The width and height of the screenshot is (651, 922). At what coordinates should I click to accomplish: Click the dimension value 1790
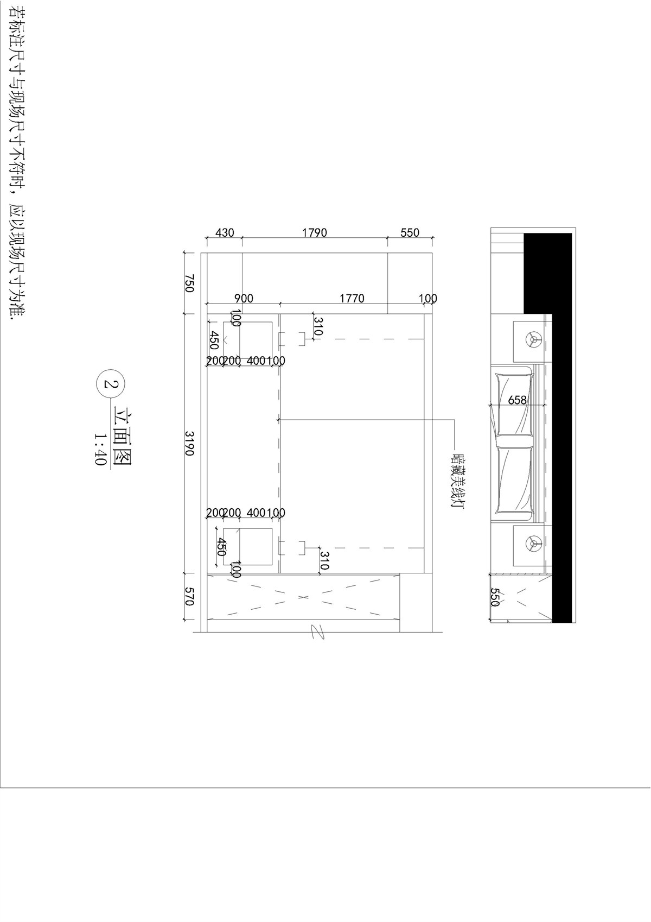(x=315, y=232)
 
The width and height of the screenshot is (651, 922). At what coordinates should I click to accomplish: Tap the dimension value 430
(x=225, y=232)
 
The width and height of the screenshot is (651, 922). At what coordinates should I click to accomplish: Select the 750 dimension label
(x=189, y=283)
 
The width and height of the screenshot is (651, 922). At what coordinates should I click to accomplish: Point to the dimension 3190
(x=189, y=443)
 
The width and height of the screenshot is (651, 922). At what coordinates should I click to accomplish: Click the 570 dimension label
(x=189, y=596)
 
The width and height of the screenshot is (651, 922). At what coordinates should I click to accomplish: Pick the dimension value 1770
(x=352, y=298)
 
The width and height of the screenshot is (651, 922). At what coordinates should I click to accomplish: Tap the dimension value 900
(x=244, y=298)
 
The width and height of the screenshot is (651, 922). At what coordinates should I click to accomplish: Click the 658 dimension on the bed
(x=517, y=400)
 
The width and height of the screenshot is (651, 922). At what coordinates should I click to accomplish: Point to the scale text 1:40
(x=100, y=449)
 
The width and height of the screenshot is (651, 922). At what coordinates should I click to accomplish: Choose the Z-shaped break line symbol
(x=317, y=631)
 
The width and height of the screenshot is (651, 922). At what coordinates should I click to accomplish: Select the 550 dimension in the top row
(x=410, y=232)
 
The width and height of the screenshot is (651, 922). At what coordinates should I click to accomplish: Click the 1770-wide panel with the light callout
(x=352, y=443)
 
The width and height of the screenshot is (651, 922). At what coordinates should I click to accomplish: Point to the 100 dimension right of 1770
(x=429, y=298)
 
